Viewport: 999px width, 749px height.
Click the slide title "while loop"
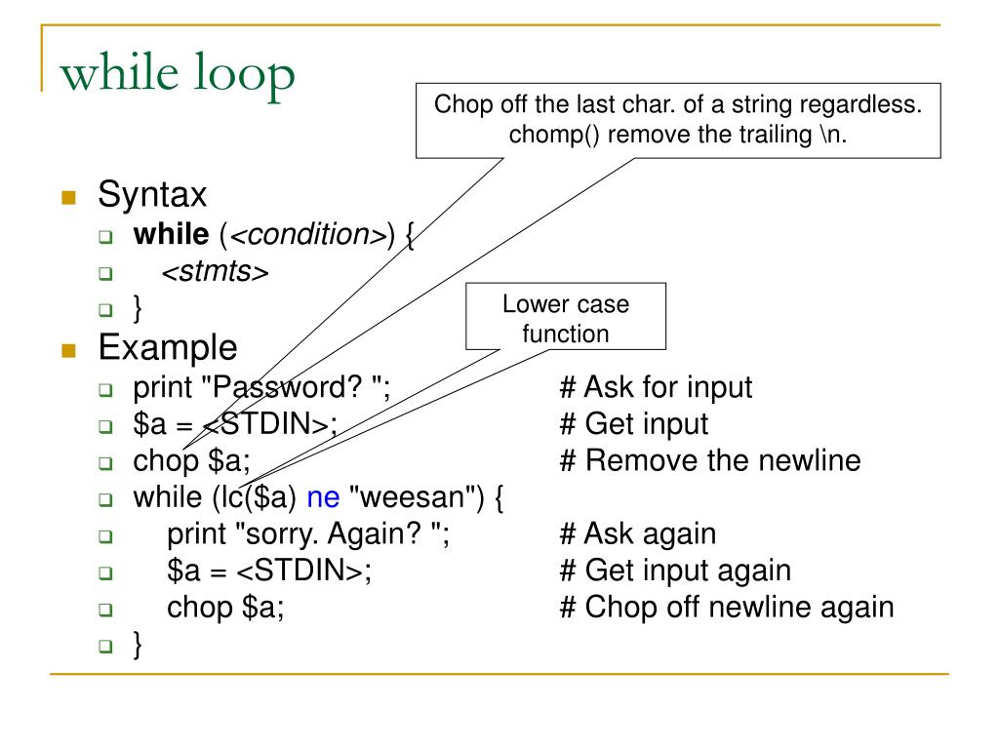[x=177, y=75]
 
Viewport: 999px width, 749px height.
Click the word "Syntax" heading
[x=152, y=195]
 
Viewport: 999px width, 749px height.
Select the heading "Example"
[x=167, y=347]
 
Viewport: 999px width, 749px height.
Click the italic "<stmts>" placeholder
[x=215, y=272]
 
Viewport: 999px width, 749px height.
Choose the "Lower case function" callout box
[x=566, y=318]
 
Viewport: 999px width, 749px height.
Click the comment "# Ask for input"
[x=656, y=387]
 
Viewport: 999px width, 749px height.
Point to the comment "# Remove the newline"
[x=710, y=460]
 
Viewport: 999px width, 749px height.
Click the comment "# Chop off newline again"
[x=727, y=607]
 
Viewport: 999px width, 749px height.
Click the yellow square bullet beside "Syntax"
[x=67, y=197]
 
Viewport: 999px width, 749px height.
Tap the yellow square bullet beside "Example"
[x=67, y=349]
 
